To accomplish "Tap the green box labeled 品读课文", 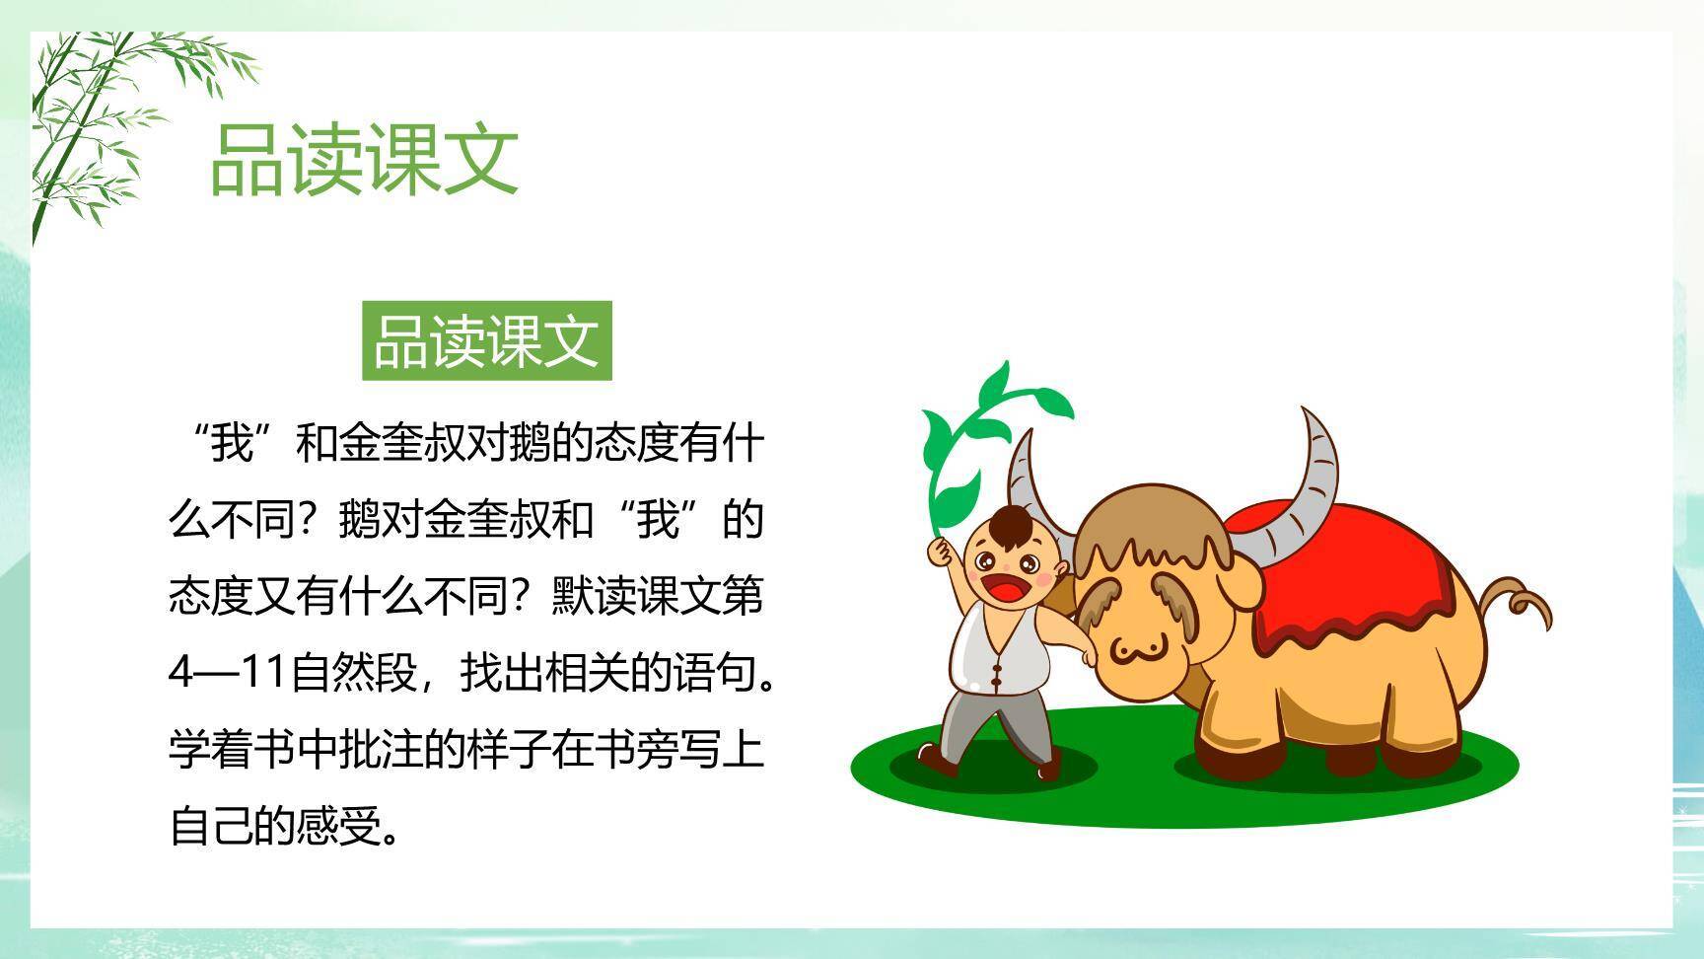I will (x=487, y=341).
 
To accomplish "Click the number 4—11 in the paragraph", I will (x=228, y=673).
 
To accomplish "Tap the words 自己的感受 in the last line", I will (x=275, y=826).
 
